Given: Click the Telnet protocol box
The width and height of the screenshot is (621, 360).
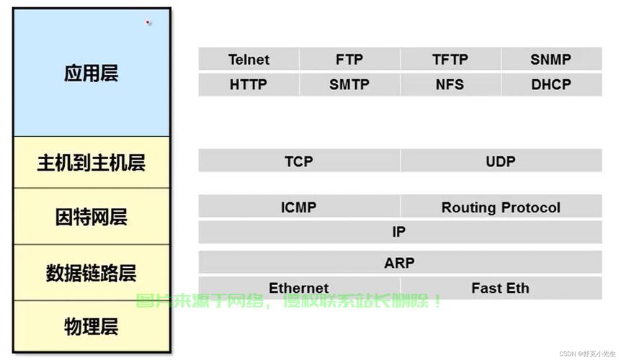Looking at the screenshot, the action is pyautogui.click(x=249, y=59).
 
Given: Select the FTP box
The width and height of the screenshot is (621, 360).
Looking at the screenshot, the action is pyautogui.click(x=349, y=59).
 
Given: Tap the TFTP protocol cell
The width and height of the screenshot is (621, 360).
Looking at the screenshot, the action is pyautogui.click(x=450, y=59).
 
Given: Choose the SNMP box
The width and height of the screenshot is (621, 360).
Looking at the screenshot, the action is pyautogui.click(x=551, y=59).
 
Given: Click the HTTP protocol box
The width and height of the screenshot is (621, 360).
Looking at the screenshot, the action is pyautogui.click(x=249, y=84).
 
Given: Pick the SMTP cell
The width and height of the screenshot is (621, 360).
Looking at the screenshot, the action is pyautogui.click(x=349, y=84).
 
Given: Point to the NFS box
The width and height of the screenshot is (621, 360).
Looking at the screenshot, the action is pyautogui.click(x=450, y=84).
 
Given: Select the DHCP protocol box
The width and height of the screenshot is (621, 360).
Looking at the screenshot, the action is pyautogui.click(x=551, y=84).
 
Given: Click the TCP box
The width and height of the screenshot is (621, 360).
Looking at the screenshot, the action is pyautogui.click(x=299, y=161).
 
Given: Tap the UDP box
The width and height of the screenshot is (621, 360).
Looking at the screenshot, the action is pyautogui.click(x=501, y=161).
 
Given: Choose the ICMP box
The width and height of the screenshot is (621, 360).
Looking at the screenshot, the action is pyautogui.click(x=299, y=206).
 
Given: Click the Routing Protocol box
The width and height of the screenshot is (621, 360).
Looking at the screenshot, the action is pyautogui.click(x=501, y=206).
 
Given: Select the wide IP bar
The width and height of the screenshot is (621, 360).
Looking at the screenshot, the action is pyautogui.click(x=400, y=232).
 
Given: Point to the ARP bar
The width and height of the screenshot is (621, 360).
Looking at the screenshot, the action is pyautogui.click(x=400, y=262).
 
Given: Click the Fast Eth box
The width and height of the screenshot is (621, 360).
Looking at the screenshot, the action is pyautogui.click(x=501, y=287).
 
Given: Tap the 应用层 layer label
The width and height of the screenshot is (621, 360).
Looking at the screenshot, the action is pyautogui.click(x=91, y=73).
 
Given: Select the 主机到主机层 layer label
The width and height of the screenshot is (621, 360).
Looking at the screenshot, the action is pyautogui.click(x=91, y=163).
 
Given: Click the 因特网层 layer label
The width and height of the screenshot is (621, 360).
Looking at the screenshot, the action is pyautogui.click(x=91, y=217).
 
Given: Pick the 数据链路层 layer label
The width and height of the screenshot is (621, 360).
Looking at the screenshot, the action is pyautogui.click(x=91, y=273).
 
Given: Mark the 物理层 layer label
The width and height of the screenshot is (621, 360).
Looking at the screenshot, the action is pyautogui.click(x=91, y=327).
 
